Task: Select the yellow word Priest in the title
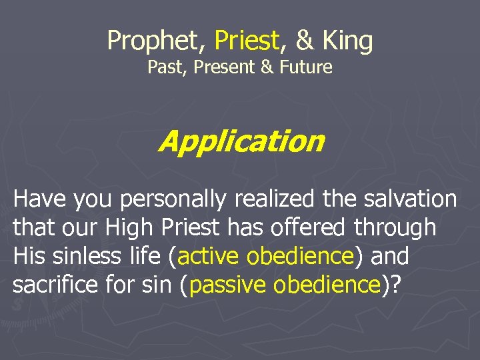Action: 247,41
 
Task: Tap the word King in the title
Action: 347,41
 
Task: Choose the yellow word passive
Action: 229,285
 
